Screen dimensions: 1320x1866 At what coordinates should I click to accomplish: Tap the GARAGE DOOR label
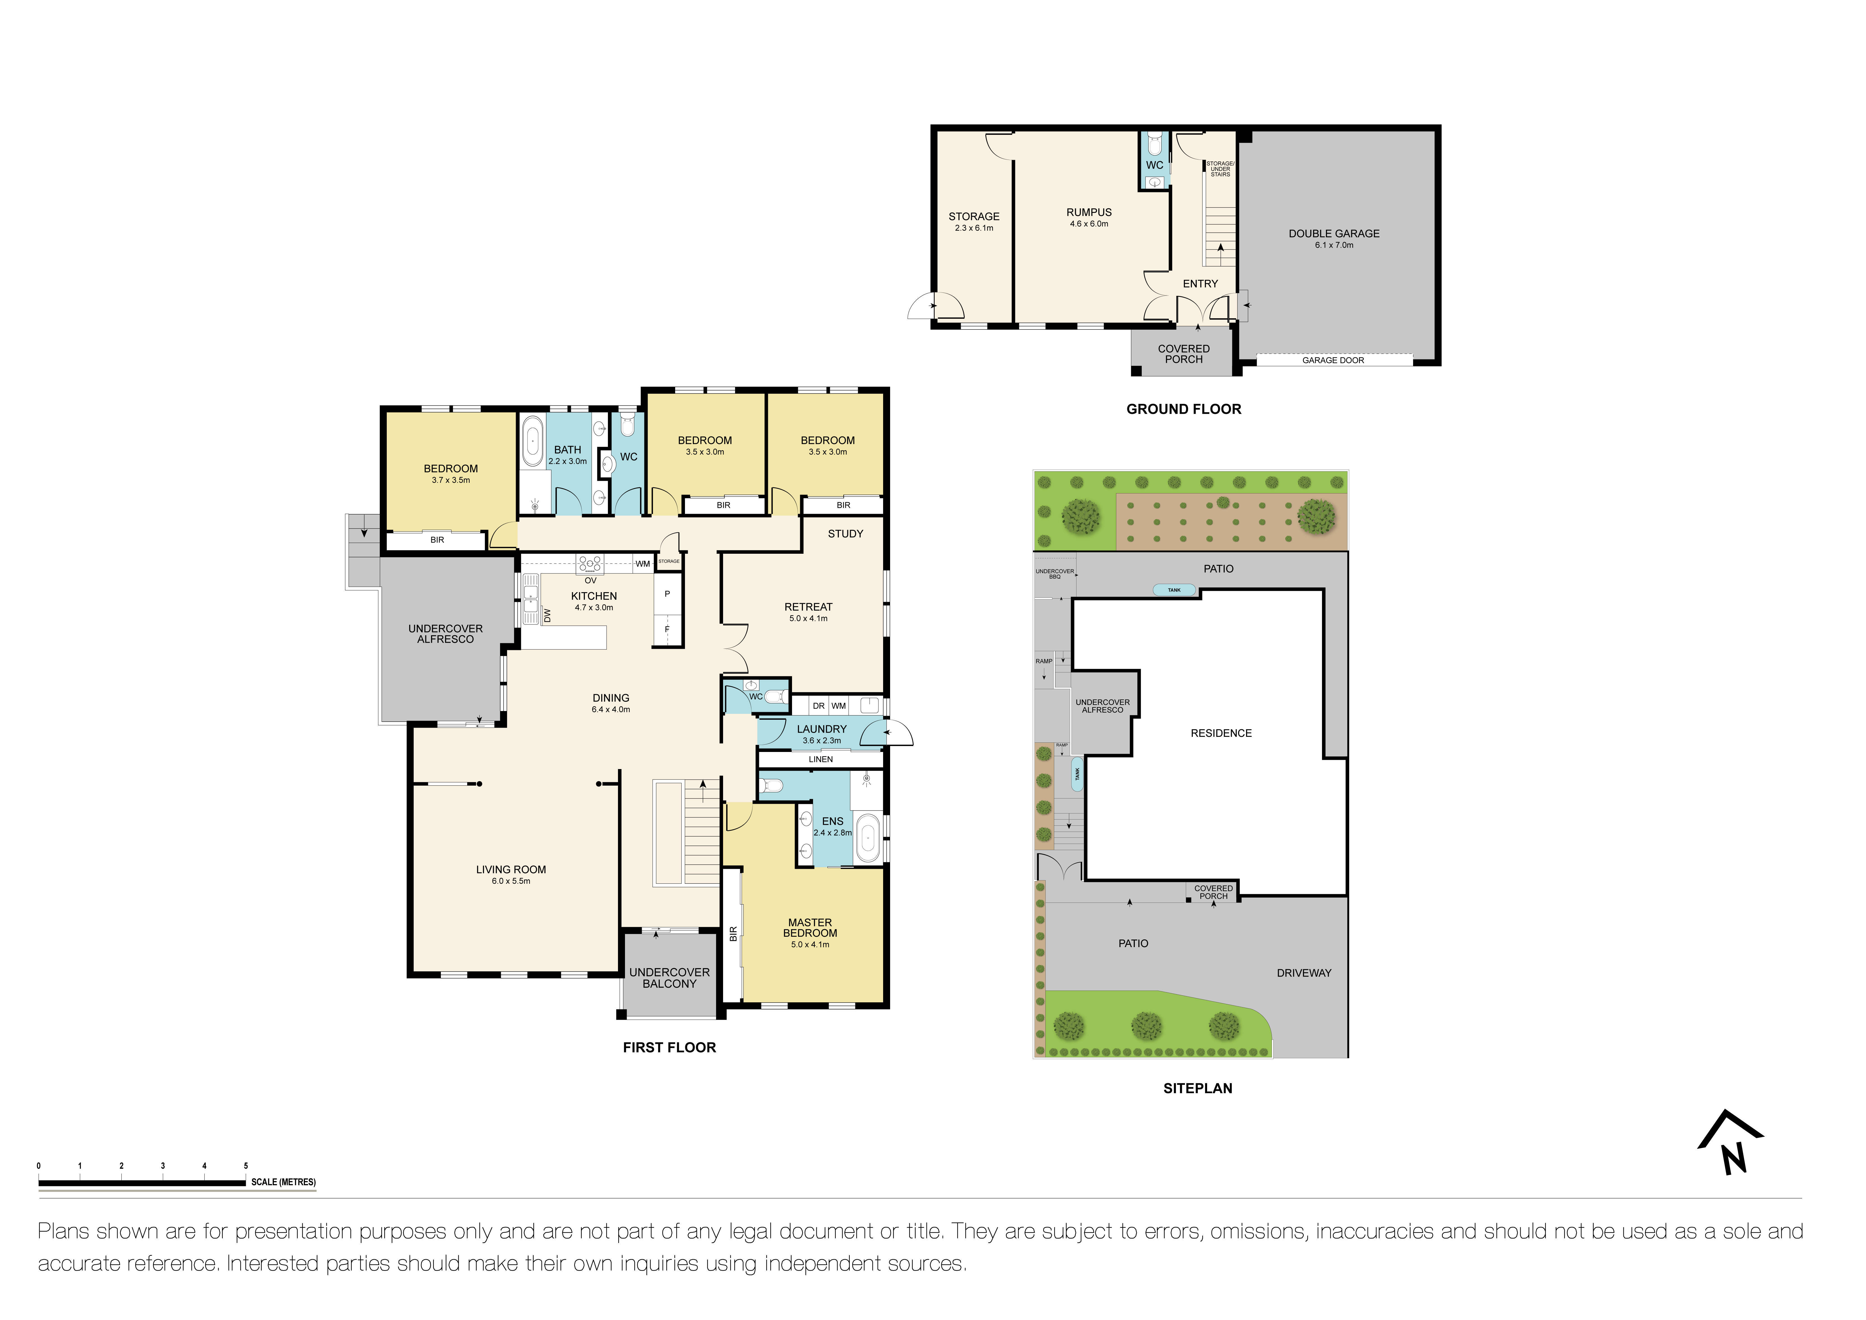point(1333,360)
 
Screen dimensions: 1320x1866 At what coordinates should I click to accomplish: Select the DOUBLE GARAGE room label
point(1334,233)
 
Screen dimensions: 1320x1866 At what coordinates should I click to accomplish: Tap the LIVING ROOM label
point(510,870)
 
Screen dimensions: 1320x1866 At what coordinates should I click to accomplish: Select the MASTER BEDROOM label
point(809,927)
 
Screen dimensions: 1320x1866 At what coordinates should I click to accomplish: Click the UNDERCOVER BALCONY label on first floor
point(669,978)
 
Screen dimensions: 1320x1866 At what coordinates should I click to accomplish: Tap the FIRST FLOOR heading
point(669,1048)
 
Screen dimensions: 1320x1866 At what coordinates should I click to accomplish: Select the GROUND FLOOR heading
point(1183,409)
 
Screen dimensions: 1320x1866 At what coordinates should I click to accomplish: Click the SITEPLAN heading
point(1197,1088)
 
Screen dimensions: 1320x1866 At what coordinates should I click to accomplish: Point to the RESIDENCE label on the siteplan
point(1221,733)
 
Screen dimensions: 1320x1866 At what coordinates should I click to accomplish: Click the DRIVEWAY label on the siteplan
point(1304,973)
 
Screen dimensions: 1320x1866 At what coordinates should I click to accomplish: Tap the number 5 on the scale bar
point(246,1166)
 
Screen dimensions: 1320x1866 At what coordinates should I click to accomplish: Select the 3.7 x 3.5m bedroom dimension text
point(450,480)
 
